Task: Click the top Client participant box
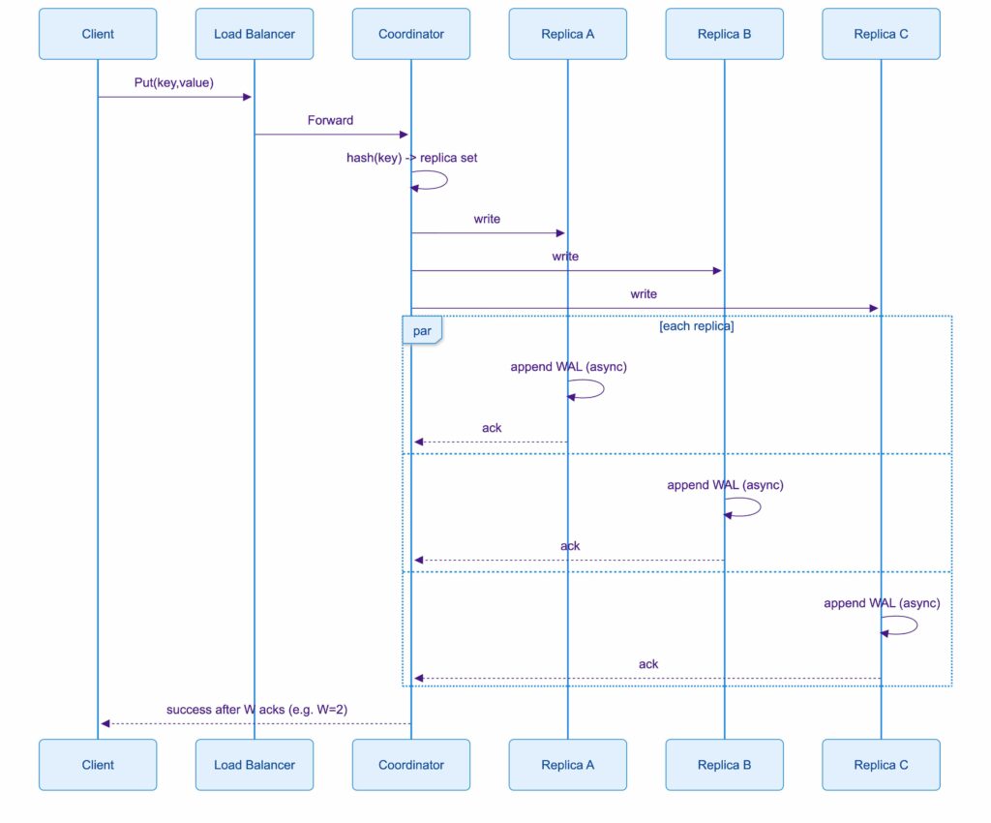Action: [x=98, y=34]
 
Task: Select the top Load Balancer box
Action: [x=255, y=34]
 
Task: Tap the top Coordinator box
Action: [x=411, y=34]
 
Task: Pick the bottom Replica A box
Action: [x=568, y=765]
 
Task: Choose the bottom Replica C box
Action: [x=881, y=765]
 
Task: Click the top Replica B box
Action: [x=724, y=34]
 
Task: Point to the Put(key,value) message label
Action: [x=173, y=83]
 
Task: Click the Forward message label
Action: [x=330, y=121]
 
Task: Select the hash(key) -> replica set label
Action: [x=411, y=158]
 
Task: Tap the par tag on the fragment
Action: [x=422, y=331]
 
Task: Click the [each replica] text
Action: [x=696, y=326]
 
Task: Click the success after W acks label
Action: [x=256, y=710]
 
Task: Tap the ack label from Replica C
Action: [x=648, y=664]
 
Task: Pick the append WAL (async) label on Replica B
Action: [x=725, y=485]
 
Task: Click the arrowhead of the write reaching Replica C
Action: [x=873, y=309]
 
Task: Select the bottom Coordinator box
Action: [x=411, y=765]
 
